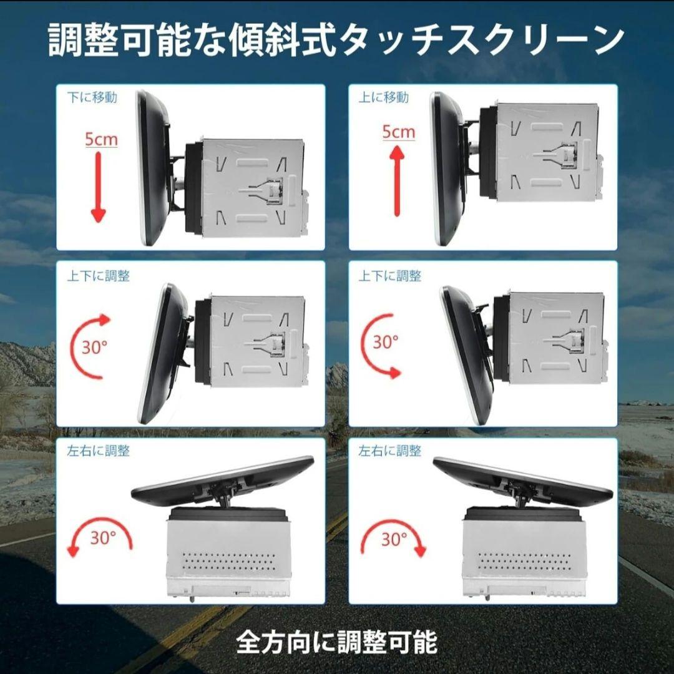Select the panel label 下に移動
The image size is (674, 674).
pos(92,97)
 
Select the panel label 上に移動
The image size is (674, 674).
pos(384,97)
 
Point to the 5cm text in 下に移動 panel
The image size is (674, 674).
pos(101,139)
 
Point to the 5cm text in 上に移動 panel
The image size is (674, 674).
pos(398,132)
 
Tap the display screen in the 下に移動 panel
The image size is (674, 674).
pos(153,168)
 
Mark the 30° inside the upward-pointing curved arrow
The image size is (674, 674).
pos(94,348)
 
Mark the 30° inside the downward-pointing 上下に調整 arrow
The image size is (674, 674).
pos(386,342)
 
